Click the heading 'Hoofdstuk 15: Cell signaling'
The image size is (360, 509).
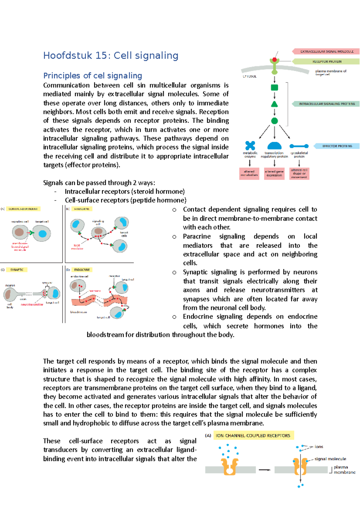coord(111,55)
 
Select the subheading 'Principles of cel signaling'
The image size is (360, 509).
coord(93,76)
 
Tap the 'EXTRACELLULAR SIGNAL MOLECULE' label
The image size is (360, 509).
coord(327,52)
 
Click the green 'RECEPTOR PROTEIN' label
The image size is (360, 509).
coord(327,61)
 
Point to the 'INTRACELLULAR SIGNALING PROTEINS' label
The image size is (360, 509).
coord(327,104)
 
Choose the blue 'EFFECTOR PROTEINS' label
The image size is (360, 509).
coord(337,146)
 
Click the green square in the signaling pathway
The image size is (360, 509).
coord(274,88)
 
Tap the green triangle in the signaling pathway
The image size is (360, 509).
coord(274,104)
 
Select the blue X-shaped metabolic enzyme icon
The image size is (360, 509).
coord(250,145)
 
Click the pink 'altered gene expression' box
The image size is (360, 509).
coord(274,174)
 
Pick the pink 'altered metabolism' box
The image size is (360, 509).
coord(249,174)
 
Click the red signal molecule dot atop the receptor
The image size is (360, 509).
coord(274,60)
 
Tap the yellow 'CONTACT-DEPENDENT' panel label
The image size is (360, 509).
coord(23,209)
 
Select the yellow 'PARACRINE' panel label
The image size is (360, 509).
coord(82,209)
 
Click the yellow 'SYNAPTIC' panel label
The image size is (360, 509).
coord(17,270)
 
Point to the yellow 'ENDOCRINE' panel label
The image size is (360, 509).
coord(82,270)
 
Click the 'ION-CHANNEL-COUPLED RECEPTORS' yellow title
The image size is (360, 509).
coord(253,436)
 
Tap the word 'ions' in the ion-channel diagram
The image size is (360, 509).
coord(319,447)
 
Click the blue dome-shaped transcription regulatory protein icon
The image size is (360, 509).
coord(274,146)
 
